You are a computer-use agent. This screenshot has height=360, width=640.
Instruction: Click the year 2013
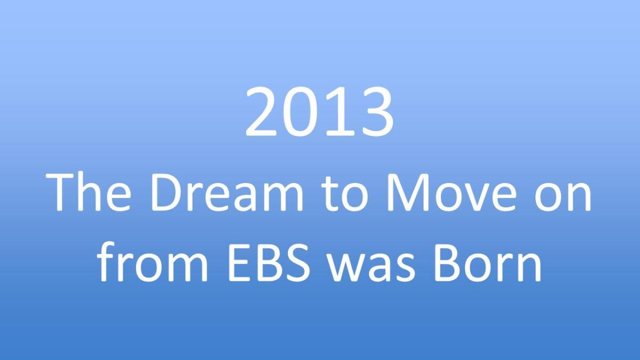[319, 111]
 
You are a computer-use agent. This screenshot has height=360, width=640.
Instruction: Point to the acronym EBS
[269, 262]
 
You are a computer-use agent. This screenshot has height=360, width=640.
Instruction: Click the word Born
[487, 262]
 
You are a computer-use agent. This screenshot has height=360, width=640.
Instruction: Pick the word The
[88, 191]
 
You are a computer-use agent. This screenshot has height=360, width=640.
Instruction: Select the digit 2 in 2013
[261, 111]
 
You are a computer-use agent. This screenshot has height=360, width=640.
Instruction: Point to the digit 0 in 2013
[299, 111]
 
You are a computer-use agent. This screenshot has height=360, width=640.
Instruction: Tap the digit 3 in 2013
[377, 111]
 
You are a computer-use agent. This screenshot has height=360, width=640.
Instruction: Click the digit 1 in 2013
[339, 111]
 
